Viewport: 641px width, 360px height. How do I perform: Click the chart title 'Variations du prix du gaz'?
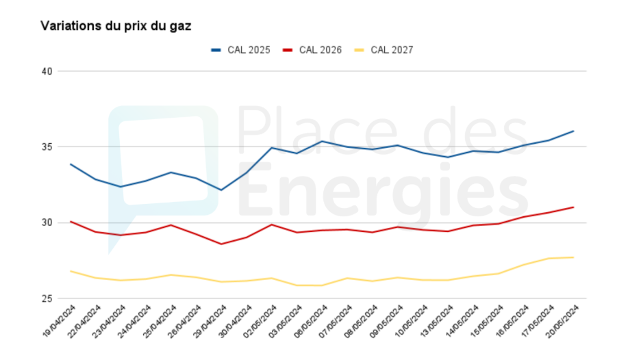[x=116, y=26]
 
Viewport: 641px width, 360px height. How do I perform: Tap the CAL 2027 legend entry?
[x=392, y=50]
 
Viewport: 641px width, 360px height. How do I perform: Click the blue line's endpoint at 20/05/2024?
[x=573, y=131]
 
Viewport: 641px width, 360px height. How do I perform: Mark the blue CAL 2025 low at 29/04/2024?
[x=221, y=190]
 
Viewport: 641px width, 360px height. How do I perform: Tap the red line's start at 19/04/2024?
[x=71, y=221]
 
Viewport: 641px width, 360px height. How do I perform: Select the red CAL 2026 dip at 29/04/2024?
[x=221, y=244]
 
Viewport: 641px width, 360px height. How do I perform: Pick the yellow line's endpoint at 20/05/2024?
[x=573, y=257]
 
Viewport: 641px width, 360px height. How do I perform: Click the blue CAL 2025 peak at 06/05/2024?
[x=322, y=142]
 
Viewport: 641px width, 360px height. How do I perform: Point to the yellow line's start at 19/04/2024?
[x=71, y=271]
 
